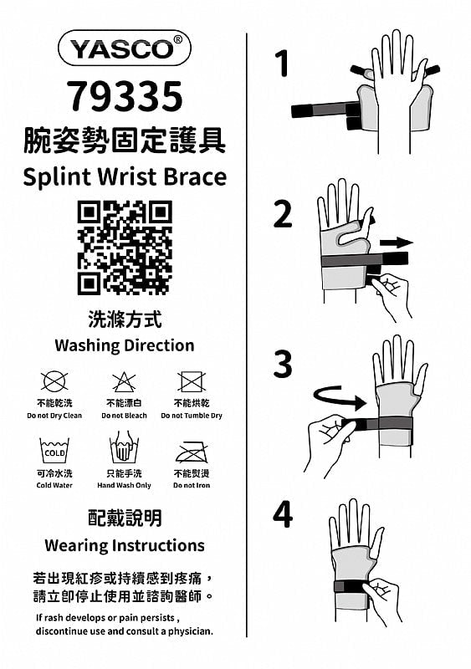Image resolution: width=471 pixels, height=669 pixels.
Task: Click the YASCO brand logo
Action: coord(125,48)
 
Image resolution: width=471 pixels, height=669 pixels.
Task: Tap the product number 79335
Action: coord(125,96)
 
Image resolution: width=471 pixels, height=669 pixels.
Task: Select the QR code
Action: coord(125,248)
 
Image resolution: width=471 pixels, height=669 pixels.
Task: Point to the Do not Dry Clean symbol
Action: coord(54,381)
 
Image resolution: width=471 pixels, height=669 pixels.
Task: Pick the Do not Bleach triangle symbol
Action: coord(124,381)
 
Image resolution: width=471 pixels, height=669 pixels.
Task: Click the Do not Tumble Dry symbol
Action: coord(192,381)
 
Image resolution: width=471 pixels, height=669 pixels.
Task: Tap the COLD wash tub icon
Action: coord(54,451)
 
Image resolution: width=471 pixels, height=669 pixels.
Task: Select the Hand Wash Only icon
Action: coord(124,447)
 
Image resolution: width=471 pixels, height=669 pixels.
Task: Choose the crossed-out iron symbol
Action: coord(192,452)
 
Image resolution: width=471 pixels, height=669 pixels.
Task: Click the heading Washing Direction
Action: coord(125,345)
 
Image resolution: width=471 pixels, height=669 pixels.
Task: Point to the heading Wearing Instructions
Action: coord(125,545)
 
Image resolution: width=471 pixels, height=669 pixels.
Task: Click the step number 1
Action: coord(282,64)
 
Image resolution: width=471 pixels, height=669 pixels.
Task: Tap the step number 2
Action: coord(283,214)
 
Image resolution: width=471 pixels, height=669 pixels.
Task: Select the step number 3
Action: coord(283,364)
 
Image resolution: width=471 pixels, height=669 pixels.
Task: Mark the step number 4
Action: coord(283,514)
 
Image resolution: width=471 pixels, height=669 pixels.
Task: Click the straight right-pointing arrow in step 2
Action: coord(397,243)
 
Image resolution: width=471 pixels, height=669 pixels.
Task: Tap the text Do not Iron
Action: coord(192,485)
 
